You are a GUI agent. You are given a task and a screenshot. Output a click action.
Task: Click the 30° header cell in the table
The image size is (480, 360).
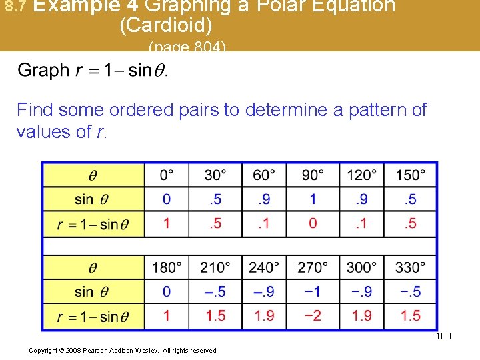coord(215,175)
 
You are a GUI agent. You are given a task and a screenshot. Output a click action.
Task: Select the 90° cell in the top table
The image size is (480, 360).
coord(313,175)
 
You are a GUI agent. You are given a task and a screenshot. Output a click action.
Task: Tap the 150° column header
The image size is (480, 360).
coord(411,175)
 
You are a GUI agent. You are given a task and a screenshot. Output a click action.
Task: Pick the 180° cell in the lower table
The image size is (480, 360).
coord(166,267)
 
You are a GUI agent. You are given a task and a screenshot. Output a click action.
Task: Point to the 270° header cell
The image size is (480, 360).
coord(313,267)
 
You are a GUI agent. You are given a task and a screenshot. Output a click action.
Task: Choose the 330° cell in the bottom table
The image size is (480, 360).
coord(411,267)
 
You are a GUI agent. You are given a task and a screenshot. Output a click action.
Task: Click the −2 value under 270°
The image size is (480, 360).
coord(313,315)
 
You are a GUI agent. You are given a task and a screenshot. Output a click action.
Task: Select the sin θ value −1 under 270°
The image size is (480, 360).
coord(313,291)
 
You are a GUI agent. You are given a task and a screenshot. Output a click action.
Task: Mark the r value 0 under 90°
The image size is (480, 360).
coord(313,223)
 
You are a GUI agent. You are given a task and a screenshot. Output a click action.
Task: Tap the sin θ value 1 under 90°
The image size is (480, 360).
coord(313,199)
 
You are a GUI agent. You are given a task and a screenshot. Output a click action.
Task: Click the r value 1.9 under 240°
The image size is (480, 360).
coord(264,315)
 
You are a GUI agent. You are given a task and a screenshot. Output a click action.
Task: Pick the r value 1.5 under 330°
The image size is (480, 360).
coord(411,315)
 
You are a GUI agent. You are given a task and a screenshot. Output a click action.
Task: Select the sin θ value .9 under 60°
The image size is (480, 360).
coord(264,199)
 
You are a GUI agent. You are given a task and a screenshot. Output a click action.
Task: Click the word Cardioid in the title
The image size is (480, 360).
coord(166,25)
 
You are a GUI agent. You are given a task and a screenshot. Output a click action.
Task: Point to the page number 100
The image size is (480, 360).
coord(443,336)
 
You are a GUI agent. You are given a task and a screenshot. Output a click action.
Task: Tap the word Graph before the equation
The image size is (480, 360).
coord(43,70)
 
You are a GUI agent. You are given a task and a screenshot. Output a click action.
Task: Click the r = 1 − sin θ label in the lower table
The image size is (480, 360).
coord(93,316)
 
